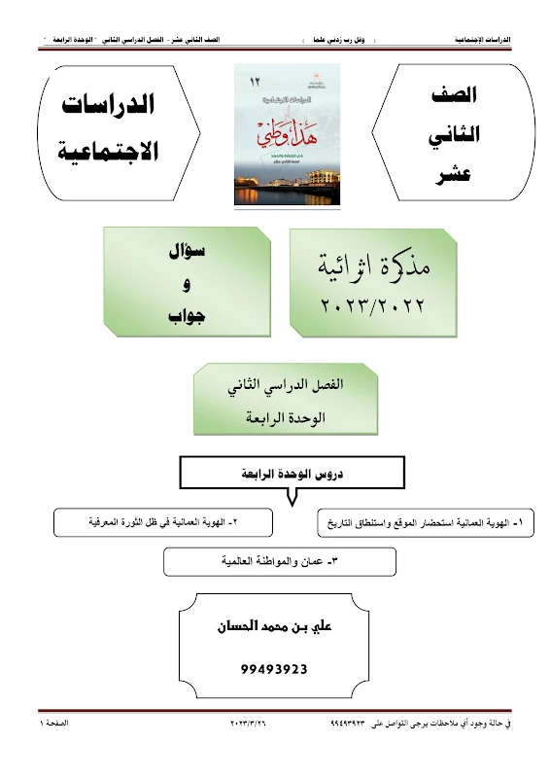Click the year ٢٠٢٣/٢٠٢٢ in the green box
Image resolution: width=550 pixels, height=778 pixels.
373,305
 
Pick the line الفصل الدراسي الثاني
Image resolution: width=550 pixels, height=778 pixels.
275,386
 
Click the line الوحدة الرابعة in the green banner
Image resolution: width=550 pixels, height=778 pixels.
275,418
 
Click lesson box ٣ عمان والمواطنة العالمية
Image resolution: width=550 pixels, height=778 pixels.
280,561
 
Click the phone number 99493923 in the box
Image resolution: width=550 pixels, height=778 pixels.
274,670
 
